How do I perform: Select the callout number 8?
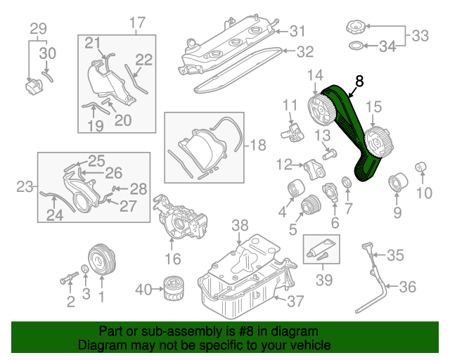tap(359, 82)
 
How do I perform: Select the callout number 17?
tap(136, 22)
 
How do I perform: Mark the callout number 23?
tap(26, 187)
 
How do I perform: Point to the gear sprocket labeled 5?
tap(308, 206)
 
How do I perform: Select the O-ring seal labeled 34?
tap(357, 47)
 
